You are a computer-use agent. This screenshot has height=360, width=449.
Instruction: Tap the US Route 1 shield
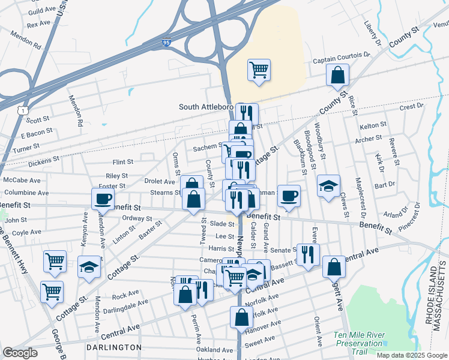click(x=23, y=110)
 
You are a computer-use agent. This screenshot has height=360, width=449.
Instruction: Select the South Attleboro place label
click(x=206, y=107)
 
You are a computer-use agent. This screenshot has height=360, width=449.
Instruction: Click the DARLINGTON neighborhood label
click(x=113, y=347)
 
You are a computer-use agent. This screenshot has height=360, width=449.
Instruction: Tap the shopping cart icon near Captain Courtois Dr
click(x=259, y=70)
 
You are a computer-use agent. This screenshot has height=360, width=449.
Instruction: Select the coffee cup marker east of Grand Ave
click(x=289, y=195)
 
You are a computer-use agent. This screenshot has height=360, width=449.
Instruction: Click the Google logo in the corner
click(x=20, y=353)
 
